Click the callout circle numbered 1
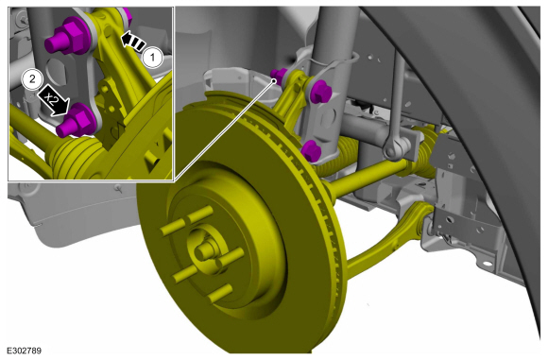point(152,57)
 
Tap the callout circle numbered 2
point(32,79)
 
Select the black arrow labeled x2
point(54,101)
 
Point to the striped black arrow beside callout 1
point(133,42)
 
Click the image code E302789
point(25,351)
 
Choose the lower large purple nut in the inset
point(77,122)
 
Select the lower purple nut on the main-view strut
point(311,150)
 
